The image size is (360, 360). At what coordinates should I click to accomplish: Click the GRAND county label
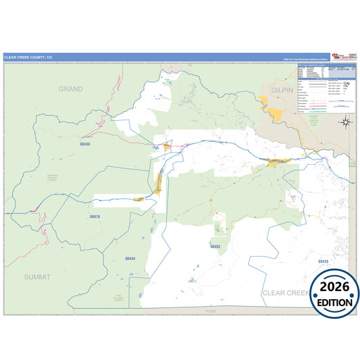tap(70, 88)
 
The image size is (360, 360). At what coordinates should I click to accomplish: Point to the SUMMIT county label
tap(37, 277)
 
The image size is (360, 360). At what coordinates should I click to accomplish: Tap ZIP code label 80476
tap(95, 217)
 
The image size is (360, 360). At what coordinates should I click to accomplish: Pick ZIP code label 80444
tap(130, 259)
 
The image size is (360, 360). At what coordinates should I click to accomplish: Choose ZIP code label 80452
tap(215, 247)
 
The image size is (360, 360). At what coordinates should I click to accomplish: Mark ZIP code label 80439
tap(322, 261)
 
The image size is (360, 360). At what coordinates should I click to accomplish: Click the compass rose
tap(345, 122)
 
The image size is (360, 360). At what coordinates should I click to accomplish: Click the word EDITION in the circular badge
tap(334, 302)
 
